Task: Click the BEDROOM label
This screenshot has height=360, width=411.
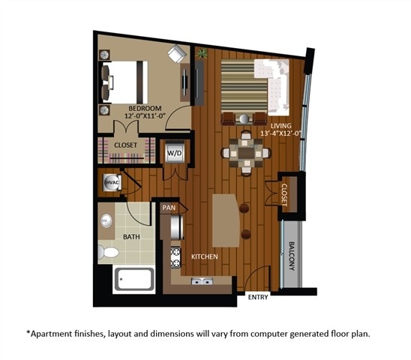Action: pyautogui.click(x=141, y=107)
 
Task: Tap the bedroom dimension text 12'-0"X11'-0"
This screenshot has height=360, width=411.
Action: pyautogui.click(x=141, y=116)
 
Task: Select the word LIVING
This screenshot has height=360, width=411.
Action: pyautogui.click(x=280, y=125)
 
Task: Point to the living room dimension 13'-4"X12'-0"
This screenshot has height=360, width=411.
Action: pyautogui.click(x=280, y=133)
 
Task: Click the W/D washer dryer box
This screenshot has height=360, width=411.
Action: pyautogui.click(x=175, y=153)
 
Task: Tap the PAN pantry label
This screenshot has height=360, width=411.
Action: pyautogui.click(x=168, y=206)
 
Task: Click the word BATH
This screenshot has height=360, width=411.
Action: pyautogui.click(x=132, y=236)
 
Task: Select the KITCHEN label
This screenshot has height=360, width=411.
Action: pyautogui.click(x=204, y=257)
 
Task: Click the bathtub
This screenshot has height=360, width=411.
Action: pyautogui.click(x=133, y=280)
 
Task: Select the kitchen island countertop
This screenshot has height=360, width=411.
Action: pyautogui.click(x=226, y=220)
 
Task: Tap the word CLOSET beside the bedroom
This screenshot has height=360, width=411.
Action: pyautogui.click(x=126, y=145)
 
